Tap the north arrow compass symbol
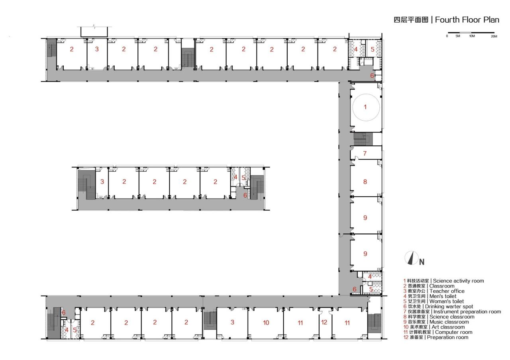tap(412, 258)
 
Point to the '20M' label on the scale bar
tap(494, 36)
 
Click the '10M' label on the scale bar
tap(472, 36)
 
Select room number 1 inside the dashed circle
tap(365, 107)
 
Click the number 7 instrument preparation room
tap(365, 153)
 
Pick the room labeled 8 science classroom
tap(365, 182)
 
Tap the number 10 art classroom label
tap(266, 323)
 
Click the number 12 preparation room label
tap(324, 322)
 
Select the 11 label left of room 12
tap(300, 323)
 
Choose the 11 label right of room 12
tap(347, 323)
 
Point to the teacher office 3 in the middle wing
tap(102, 182)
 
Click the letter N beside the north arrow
tap(422, 262)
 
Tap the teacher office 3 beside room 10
tap(232, 322)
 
